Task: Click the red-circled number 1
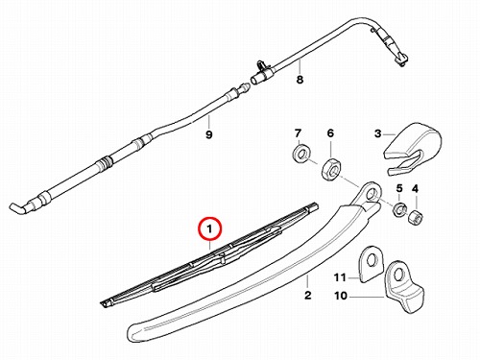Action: pos(209,229)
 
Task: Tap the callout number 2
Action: pos(307,295)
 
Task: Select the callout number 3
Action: pos(378,133)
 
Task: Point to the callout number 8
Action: pos(300,80)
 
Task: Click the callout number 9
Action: pos(208,134)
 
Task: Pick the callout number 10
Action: pos(341,296)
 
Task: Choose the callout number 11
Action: pos(341,277)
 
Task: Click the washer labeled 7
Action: pos(300,154)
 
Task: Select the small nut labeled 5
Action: pos(399,208)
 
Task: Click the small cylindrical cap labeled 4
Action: pos(415,217)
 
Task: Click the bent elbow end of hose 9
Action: pos(16,207)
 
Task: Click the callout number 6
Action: pos(330,133)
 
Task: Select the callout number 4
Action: pos(415,189)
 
